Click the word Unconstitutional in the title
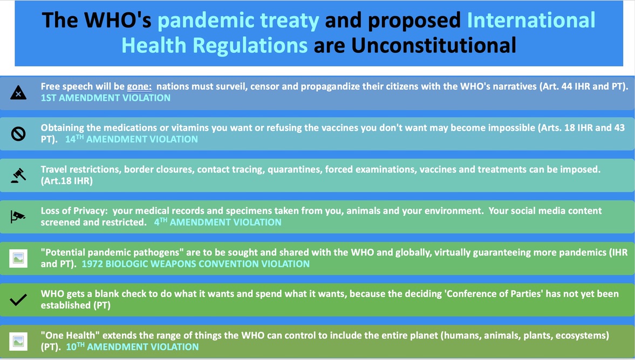pos(433,45)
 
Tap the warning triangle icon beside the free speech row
pos(18,93)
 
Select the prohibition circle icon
pos(18,134)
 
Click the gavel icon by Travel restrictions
pos(18,175)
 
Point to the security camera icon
pos(18,216)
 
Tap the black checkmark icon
pos(18,300)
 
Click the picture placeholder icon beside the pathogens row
pos(18,259)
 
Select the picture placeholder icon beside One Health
pos(18,341)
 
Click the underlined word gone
pos(139,87)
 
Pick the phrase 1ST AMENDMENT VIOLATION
pos(106,98)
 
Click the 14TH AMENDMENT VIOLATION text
pos(132,139)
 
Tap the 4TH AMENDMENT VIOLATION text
pos(217,222)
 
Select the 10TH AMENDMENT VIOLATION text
pos(132,347)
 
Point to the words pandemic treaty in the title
pos(238,21)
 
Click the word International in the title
pos(531,21)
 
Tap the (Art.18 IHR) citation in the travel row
pos(67,181)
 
